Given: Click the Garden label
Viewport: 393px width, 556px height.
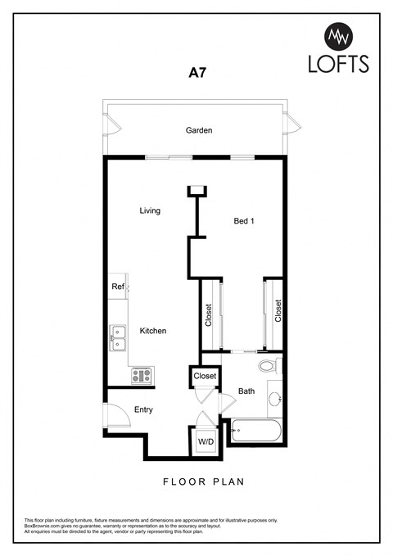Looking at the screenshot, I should coord(199,130).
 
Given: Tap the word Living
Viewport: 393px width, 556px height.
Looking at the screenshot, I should coord(149,210).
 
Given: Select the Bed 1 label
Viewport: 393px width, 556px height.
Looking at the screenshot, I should coord(244,220).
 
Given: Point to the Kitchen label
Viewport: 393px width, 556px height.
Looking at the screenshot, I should coord(153,331).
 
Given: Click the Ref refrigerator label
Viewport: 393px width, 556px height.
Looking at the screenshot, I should coord(118,287).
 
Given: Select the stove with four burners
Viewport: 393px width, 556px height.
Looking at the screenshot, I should coord(141,375).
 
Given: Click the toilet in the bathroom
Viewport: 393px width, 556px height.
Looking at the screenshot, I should coord(268,365).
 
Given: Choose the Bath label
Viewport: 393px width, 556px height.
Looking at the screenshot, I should coord(246,391).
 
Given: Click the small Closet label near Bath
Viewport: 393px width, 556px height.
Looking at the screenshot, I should coord(205,376).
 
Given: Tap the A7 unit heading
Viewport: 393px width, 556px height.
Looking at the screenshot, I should coord(197,73).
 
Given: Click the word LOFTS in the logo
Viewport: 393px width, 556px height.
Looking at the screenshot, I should coord(338,63).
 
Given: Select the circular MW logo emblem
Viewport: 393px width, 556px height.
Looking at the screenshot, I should coord(338,35).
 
